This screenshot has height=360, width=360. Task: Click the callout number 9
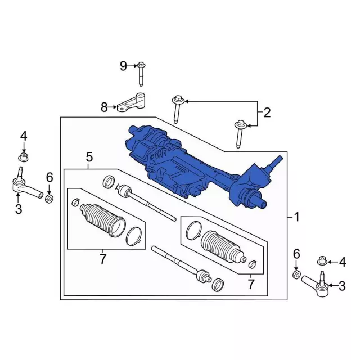click(x=123, y=66)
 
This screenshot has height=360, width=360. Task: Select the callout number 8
click(x=104, y=107)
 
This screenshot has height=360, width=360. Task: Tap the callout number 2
click(x=267, y=112)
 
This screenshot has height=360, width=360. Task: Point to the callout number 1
click(x=296, y=217)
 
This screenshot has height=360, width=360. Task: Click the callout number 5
click(x=89, y=157)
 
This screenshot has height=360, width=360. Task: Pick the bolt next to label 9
click(x=141, y=74)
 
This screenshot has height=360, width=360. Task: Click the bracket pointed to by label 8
click(x=131, y=102)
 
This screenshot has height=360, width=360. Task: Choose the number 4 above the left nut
click(x=24, y=136)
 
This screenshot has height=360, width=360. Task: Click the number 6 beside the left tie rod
click(x=49, y=177)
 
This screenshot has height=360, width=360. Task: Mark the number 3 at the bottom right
click(x=342, y=286)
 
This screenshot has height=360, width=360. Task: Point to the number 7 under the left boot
click(x=102, y=259)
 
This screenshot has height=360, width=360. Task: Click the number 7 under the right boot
click(x=251, y=284)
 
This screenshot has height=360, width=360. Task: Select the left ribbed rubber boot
click(x=102, y=220)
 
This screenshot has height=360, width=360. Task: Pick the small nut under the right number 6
click(x=296, y=274)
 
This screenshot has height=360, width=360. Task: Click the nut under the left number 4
click(x=23, y=157)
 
